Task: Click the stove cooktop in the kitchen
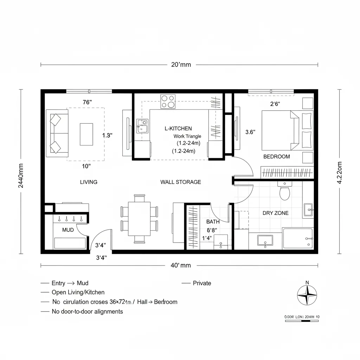click(x=168, y=101)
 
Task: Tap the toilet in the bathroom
click(x=284, y=192)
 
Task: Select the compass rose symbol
click(x=307, y=295)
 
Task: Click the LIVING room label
click(x=89, y=182)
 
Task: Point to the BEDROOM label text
click(x=277, y=157)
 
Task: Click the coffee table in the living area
click(x=86, y=134)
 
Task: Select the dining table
click(x=139, y=218)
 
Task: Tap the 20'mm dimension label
click(x=181, y=65)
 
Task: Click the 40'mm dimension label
click(x=181, y=265)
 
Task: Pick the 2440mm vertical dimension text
click(x=21, y=176)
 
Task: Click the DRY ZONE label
click(x=276, y=213)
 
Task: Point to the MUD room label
click(x=68, y=230)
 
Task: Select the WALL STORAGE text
click(x=181, y=182)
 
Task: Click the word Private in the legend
click(x=202, y=283)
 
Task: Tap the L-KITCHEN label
click(x=178, y=129)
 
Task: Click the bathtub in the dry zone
click(x=298, y=239)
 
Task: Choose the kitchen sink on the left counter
click(x=142, y=126)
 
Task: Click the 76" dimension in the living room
click(x=87, y=102)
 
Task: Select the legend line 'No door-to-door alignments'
click(x=87, y=311)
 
